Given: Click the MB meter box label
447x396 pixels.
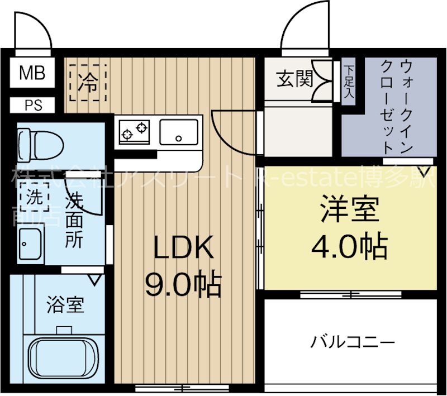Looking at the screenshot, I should coord(32,73).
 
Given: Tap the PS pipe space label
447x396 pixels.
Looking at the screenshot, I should coord(32,106).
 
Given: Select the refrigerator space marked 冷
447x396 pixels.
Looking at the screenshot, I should coord(87,84).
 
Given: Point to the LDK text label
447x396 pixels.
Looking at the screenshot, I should coord(184,250).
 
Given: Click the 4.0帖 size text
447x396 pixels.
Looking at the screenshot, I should coord(349,245).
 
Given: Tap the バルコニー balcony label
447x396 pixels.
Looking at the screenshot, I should coord(353,341).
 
